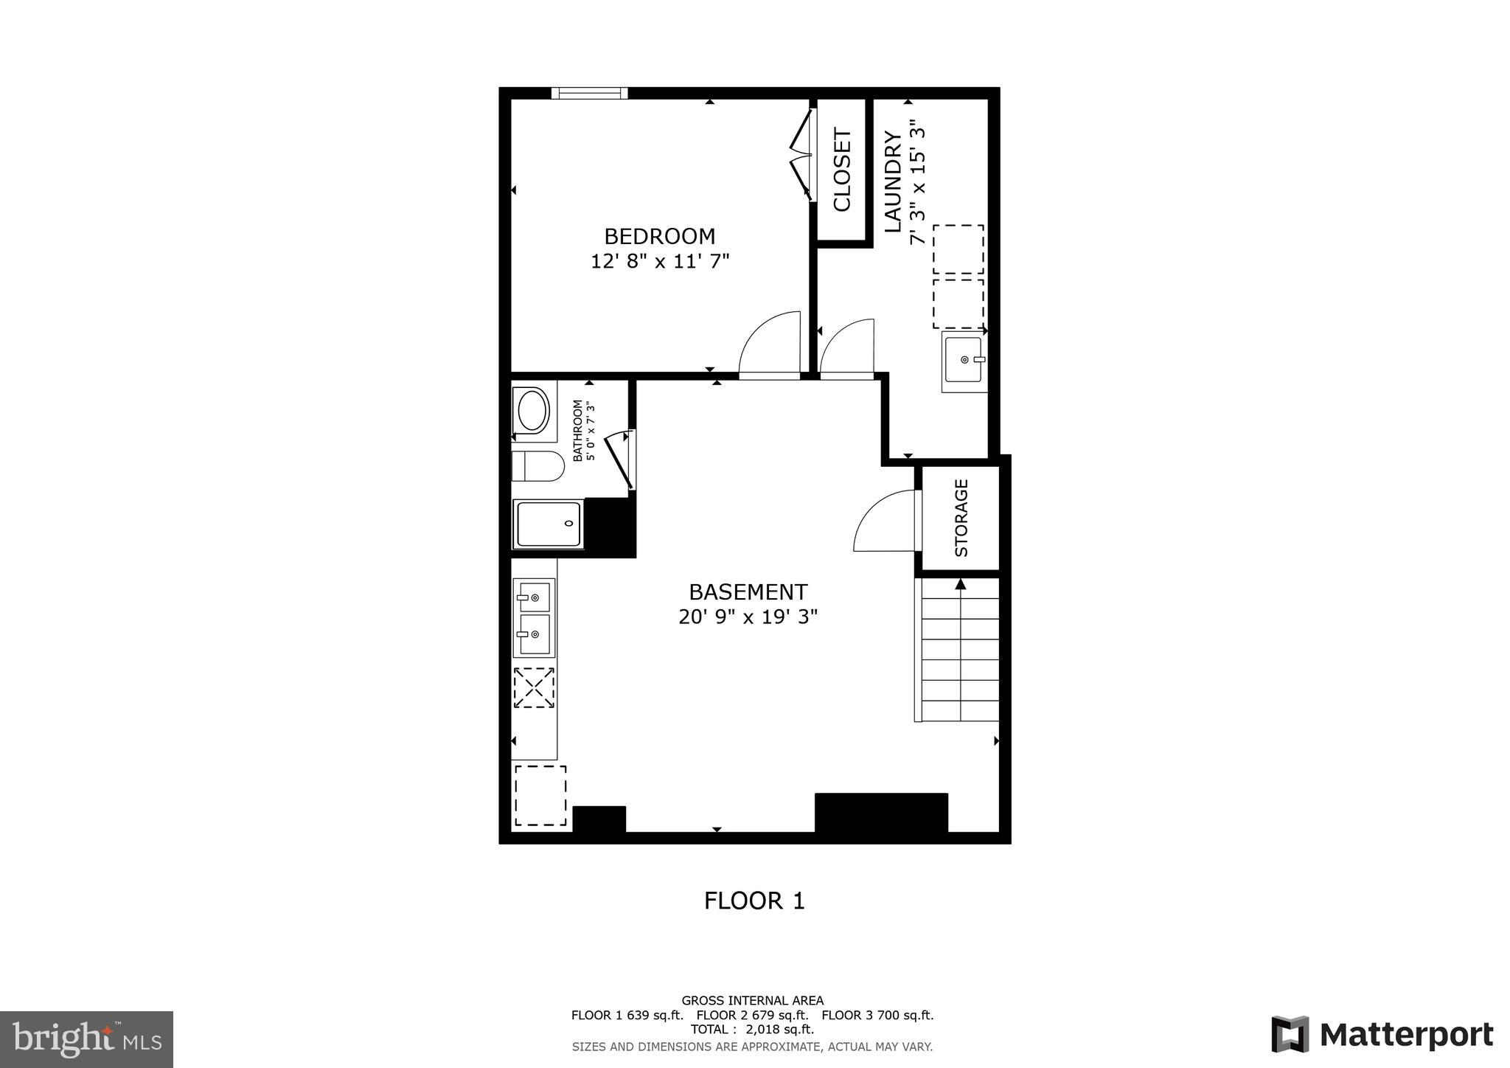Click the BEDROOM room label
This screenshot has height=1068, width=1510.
pyautogui.click(x=659, y=236)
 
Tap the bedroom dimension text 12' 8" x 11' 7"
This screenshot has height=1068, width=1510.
pyautogui.click(x=659, y=261)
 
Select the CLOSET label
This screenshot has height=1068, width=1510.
pyautogui.click(x=842, y=170)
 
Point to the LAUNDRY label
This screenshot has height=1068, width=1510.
pyautogui.click(x=893, y=181)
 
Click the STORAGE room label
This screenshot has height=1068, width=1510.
pyautogui.click(x=961, y=518)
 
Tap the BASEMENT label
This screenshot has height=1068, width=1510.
pyautogui.click(x=748, y=592)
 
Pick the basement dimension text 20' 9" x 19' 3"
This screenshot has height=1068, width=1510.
pyautogui.click(x=748, y=617)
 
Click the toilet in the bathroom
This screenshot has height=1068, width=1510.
pyautogui.click(x=538, y=465)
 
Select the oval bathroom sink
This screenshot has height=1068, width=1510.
pyautogui.click(x=532, y=411)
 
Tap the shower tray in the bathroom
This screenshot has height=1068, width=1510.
pyautogui.click(x=548, y=524)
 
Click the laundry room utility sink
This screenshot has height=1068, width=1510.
pyautogui.click(x=963, y=361)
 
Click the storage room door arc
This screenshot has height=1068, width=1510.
pyautogui.click(x=883, y=521)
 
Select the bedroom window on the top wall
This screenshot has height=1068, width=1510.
pyautogui.click(x=589, y=93)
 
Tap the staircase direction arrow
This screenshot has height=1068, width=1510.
pyautogui.click(x=960, y=584)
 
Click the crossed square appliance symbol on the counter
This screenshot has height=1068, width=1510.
pyautogui.click(x=534, y=687)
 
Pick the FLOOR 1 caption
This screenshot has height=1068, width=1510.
pyautogui.click(x=754, y=901)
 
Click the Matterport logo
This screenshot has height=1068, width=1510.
pyautogui.click(x=1382, y=1034)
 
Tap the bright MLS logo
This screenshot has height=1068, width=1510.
pyautogui.click(x=86, y=1039)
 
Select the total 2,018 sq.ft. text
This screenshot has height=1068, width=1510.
pyautogui.click(x=752, y=1029)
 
